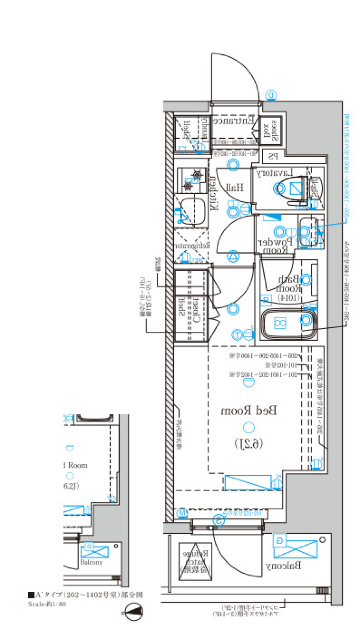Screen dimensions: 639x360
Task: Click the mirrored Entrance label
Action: tap(233, 121)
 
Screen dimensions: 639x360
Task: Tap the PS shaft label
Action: tap(273, 156)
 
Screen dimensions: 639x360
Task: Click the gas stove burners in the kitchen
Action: tap(192, 179)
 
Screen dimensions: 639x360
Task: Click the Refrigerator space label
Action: tap(192, 246)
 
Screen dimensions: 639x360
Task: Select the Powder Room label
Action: tap(276, 245)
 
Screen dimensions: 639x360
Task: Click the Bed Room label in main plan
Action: tap(249, 411)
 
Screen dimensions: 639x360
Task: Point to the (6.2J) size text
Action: tap(249, 444)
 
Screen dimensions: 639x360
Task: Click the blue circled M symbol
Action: tap(182, 512)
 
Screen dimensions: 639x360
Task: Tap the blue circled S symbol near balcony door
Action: tap(219, 520)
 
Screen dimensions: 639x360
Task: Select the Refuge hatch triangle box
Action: tap(195, 561)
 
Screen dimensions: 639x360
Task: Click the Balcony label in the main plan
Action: tap(283, 566)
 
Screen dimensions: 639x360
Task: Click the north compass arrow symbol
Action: tap(134, 612)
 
